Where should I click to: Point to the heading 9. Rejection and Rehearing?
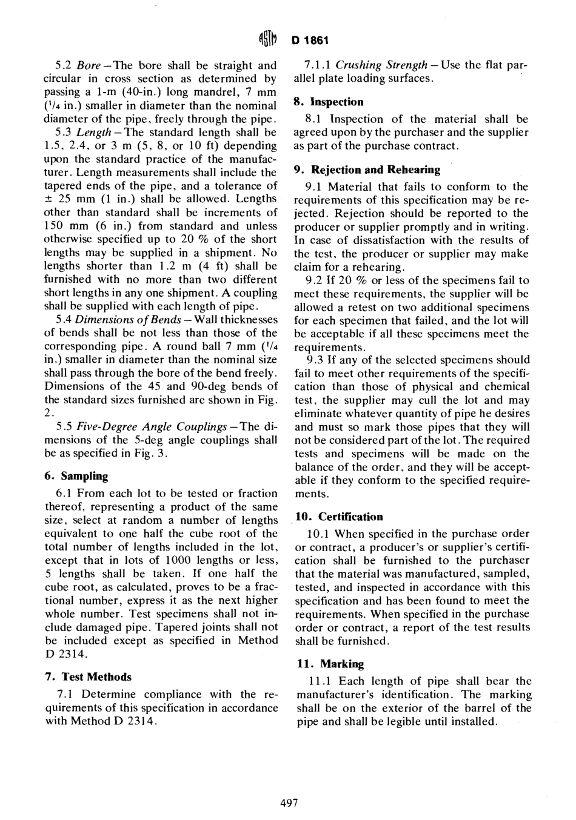pos(367,170)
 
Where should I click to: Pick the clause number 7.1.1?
pos(318,65)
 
